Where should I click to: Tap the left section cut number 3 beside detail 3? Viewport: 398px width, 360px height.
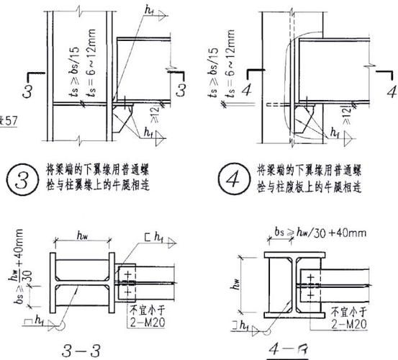[28, 90]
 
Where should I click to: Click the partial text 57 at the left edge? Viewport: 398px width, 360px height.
[9, 120]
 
